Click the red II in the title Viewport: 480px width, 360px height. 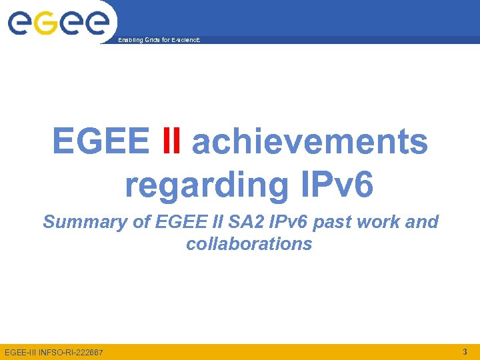[x=171, y=141]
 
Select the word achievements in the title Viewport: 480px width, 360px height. [x=309, y=141]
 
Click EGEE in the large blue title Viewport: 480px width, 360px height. [x=101, y=141]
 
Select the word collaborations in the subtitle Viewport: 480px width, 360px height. [x=249, y=244]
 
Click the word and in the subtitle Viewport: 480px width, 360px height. [x=422, y=222]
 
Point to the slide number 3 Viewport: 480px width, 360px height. [x=464, y=351]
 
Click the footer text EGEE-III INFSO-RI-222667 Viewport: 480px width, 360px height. [x=54, y=352]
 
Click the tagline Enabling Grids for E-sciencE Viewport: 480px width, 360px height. [x=158, y=41]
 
